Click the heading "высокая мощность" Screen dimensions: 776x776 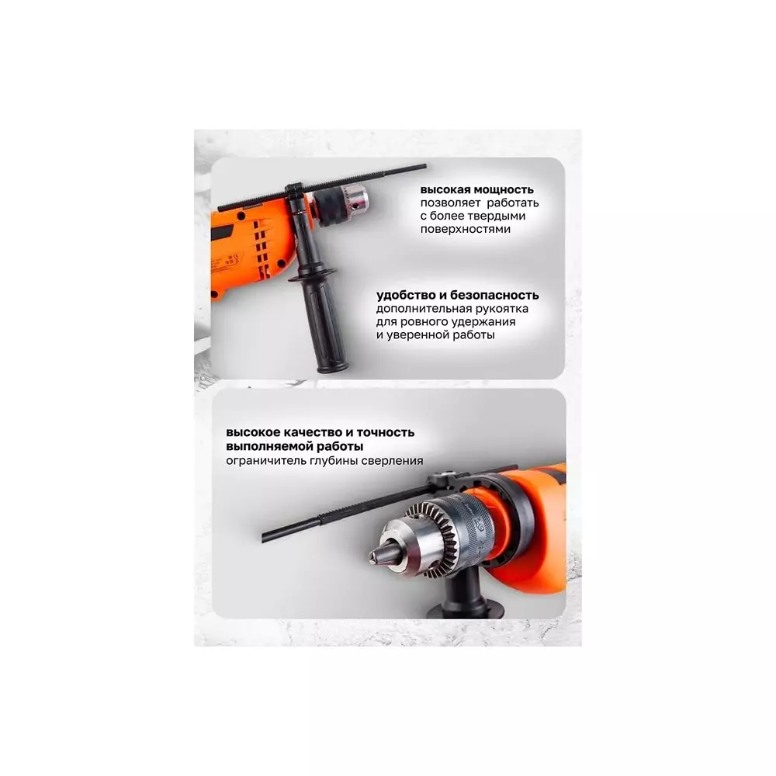(476, 189)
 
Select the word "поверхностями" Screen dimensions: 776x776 (465, 229)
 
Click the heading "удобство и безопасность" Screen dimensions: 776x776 (457, 296)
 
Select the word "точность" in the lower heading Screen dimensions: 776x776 (385, 432)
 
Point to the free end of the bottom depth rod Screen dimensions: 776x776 (264, 538)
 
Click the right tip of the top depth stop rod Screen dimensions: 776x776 (424, 167)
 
